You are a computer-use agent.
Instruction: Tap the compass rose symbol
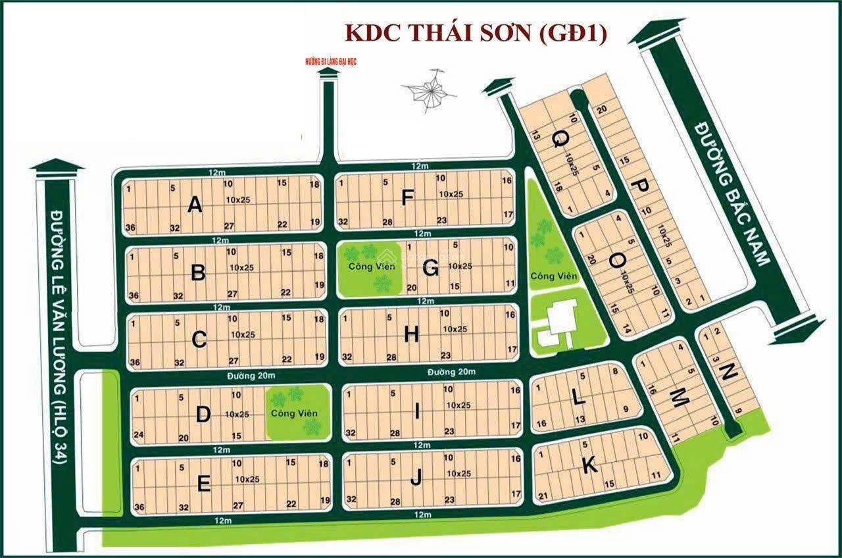pos(431,90)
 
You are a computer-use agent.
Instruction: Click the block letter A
pos(194,205)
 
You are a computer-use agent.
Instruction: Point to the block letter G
pos(431,268)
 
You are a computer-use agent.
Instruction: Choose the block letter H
pos(412,335)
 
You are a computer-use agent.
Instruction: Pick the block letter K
pos(589,466)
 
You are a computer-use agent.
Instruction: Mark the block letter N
pos(729,373)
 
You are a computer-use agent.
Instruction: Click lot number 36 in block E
pos(138,507)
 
